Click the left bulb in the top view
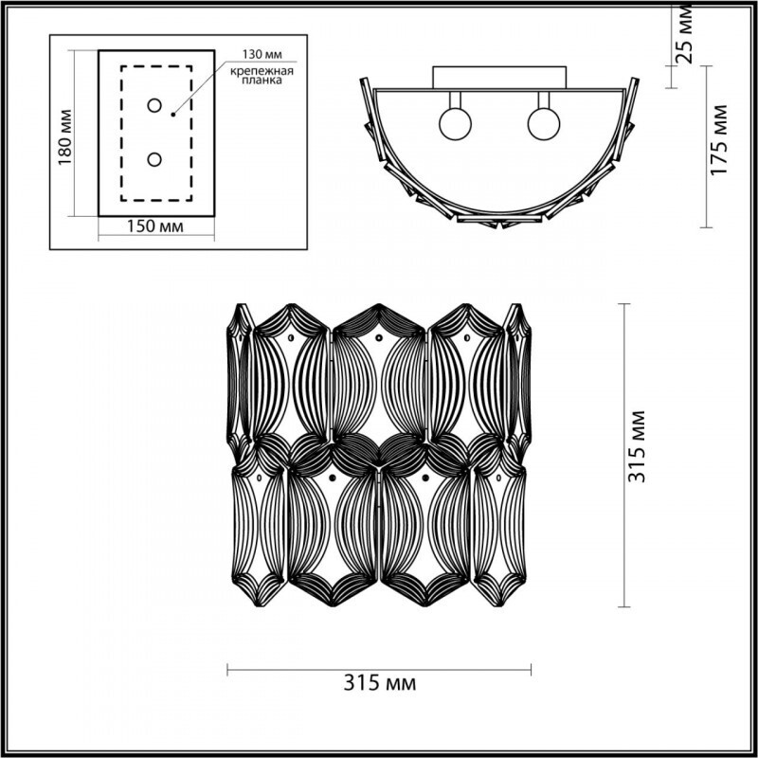[x=453, y=124]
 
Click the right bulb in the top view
[x=544, y=124]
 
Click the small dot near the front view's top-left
[x=286, y=336]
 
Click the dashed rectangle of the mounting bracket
[x=121, y=133]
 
